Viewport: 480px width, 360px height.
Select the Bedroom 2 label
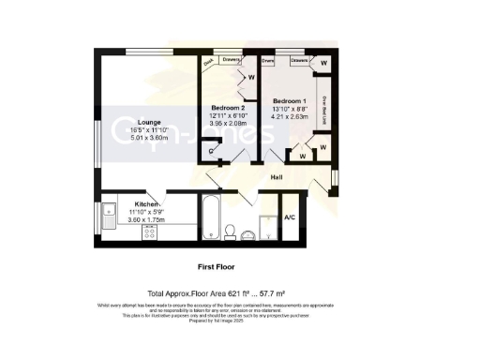click(x=228, y=108)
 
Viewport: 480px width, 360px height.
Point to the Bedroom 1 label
click(x=289, y=99)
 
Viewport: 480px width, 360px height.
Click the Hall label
click(x=277, y=175)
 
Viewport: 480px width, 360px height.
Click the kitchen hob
click(x=147, y=233)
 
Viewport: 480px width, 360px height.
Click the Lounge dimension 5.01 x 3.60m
click(x=126, y=138)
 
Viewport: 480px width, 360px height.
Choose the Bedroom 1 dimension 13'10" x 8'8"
click(x=289, y=110)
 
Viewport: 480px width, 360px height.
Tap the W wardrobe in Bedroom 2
click(x=251, y=78)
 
